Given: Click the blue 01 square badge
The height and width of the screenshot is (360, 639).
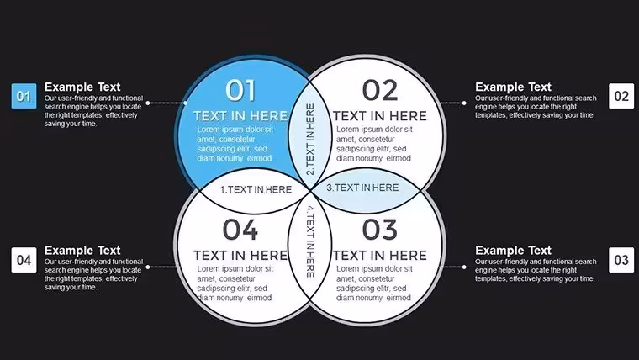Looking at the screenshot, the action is click(24, 96).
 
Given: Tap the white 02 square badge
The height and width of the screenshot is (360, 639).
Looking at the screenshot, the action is click(621, 96).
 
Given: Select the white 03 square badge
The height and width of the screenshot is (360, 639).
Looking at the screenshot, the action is click(621, 260).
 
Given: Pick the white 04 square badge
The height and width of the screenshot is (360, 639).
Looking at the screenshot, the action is click(24, 260).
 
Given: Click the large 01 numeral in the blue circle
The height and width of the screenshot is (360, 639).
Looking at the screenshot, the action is click(240, 90).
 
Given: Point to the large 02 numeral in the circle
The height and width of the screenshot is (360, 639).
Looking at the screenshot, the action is click(380, 90).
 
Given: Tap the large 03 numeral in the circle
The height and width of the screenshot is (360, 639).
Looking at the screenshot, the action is click(380, 230).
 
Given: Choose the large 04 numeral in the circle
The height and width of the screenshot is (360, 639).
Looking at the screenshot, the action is click(240, 230).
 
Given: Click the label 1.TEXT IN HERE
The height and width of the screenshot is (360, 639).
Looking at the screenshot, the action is click(256, 189).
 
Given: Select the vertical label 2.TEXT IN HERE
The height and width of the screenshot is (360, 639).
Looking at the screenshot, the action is click(310, 139).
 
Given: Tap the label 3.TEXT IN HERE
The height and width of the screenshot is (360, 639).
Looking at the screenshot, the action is click(362, 188).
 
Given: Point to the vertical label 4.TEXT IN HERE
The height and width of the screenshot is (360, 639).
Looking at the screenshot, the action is click(310, 241).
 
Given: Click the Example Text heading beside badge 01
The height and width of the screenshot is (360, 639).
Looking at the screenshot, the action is click(82, 87).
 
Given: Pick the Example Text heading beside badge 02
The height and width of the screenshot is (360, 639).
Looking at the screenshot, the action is click(513, 87).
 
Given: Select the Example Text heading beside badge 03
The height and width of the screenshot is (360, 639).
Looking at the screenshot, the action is click(513, 251).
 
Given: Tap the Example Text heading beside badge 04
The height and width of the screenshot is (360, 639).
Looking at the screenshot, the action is click(82, 251).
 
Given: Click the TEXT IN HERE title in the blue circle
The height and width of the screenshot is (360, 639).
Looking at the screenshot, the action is click(240, 116).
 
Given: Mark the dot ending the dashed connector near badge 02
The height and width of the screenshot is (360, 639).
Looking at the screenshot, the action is click(464, 103).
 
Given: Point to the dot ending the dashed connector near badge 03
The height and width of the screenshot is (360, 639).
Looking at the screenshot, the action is click(464, 267).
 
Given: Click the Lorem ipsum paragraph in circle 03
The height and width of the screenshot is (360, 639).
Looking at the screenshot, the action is click(373, 283).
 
